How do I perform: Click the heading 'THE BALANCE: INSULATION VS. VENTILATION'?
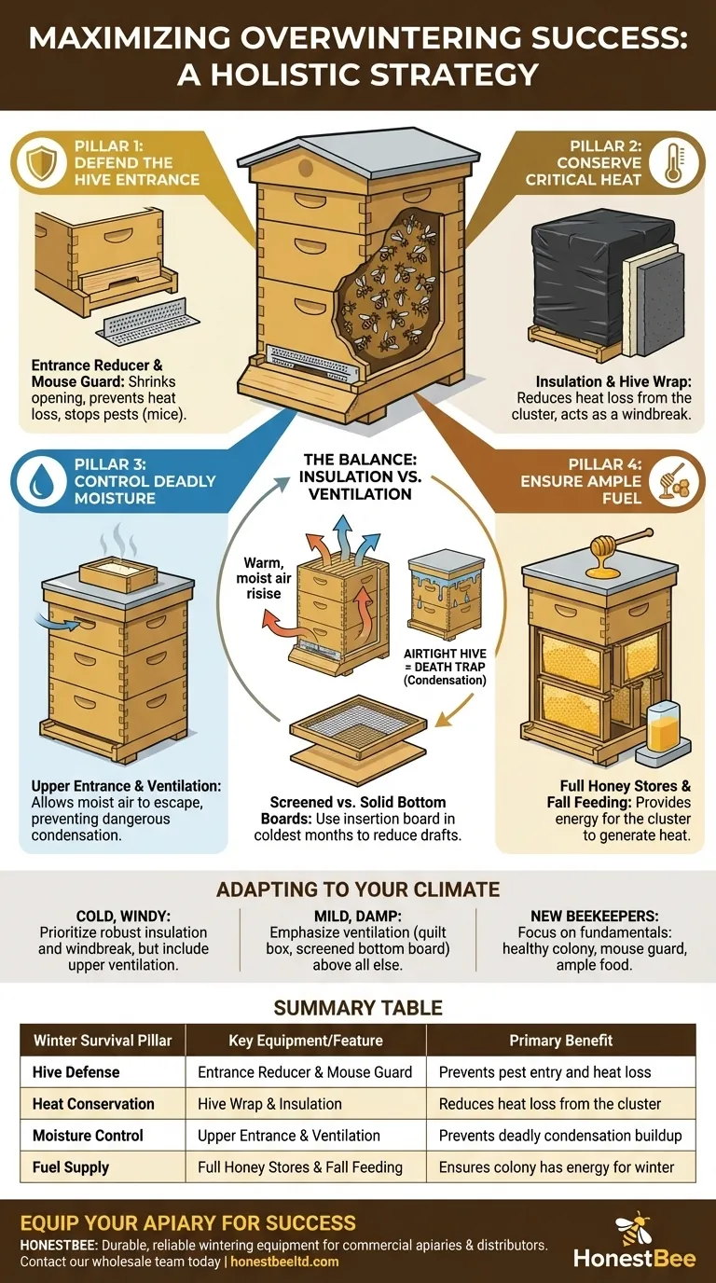(358, 476)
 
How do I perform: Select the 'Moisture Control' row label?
(88, 1136)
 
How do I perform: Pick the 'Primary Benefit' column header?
(560, 1041)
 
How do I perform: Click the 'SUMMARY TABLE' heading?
(358, 1008)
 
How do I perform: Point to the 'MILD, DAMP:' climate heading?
(357, 916)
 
